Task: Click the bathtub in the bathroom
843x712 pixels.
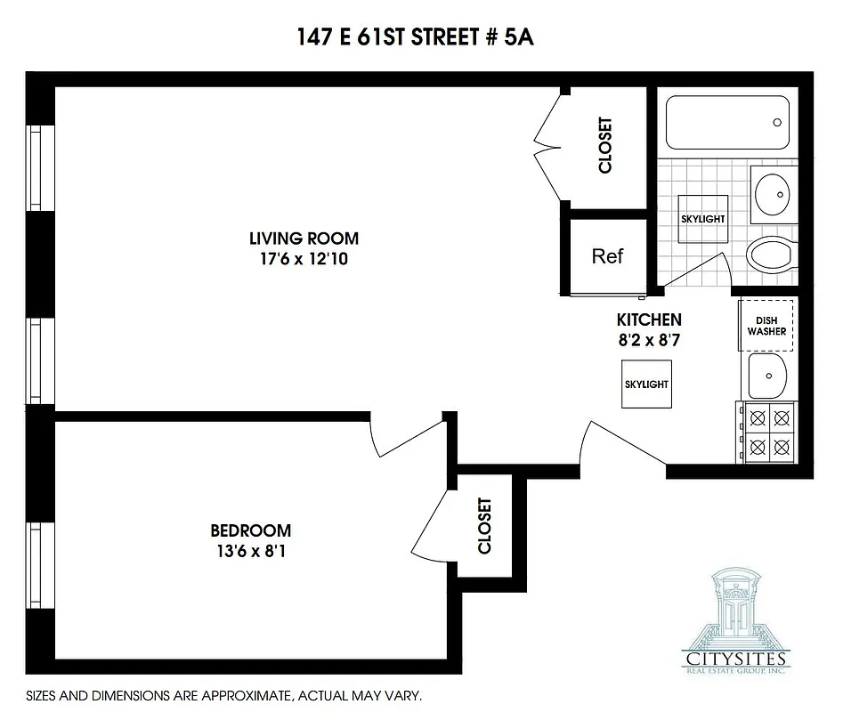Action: coord(727,124)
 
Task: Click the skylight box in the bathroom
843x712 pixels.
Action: coord(702,219)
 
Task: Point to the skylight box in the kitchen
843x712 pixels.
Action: coord(646,384)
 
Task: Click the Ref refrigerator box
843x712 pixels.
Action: coord(607,256)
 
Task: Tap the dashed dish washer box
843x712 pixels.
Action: coord(766,326)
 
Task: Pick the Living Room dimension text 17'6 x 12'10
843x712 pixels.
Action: coord(304,260)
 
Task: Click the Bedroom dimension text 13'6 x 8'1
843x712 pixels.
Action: coord(251,551)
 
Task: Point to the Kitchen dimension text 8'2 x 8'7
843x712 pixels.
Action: coord(648,340)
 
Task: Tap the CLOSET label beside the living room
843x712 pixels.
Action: coord(605,146)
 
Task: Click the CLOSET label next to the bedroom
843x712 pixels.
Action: coord(485,526)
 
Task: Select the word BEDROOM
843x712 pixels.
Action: coord(251,530)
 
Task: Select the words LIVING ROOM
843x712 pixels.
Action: coord(304,239)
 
